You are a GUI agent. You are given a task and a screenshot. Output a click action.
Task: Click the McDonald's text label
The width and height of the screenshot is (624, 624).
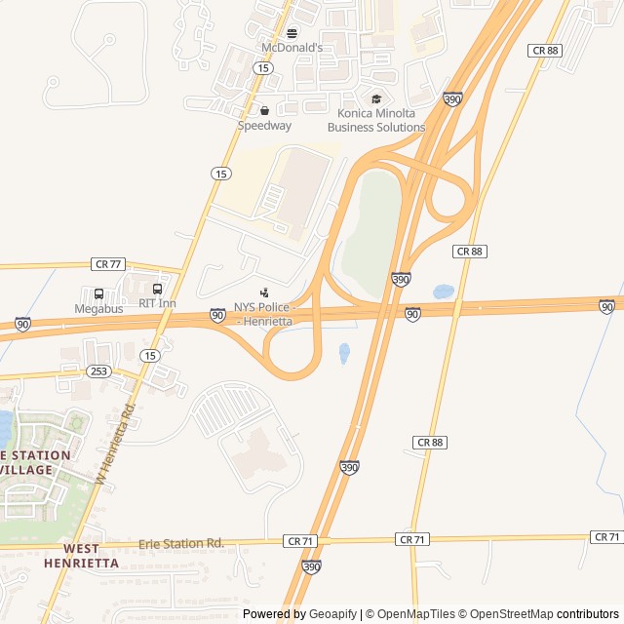coord(291,47)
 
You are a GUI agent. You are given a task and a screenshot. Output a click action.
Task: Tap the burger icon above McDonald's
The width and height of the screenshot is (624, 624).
coord(291,32)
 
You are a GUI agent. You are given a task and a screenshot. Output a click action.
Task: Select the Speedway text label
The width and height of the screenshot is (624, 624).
coord(264,126)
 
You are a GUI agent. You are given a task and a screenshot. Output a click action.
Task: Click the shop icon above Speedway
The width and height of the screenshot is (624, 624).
coord(264,110)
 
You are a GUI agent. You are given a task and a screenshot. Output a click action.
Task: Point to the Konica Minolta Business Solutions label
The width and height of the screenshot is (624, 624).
coord(376,120)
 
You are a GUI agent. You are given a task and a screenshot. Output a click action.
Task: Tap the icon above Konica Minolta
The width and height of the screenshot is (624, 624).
coord(376,98)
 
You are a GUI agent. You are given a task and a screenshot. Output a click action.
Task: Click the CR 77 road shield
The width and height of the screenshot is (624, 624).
coord(109,264)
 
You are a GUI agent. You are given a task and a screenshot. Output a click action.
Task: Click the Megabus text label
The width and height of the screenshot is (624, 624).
coord(99,309)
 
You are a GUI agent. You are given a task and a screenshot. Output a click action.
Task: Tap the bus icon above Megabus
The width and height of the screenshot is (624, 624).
coord(99,293)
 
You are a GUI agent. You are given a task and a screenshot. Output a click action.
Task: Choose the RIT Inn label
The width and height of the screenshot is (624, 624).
coord(157,303)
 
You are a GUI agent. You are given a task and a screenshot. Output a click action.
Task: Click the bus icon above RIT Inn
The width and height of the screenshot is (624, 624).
coord(158,289)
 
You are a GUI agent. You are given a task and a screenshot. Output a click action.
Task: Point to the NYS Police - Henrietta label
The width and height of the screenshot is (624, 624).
coord(264,314)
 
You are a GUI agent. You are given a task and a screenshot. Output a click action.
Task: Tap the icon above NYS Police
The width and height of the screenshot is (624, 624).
coord(264,292)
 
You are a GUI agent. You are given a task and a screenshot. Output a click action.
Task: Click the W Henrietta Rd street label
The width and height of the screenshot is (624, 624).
coord(114,445)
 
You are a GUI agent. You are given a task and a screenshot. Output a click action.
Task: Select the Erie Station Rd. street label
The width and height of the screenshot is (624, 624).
coord(181,543)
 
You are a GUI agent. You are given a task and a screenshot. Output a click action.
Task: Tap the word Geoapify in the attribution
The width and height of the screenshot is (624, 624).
coord(332,614)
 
